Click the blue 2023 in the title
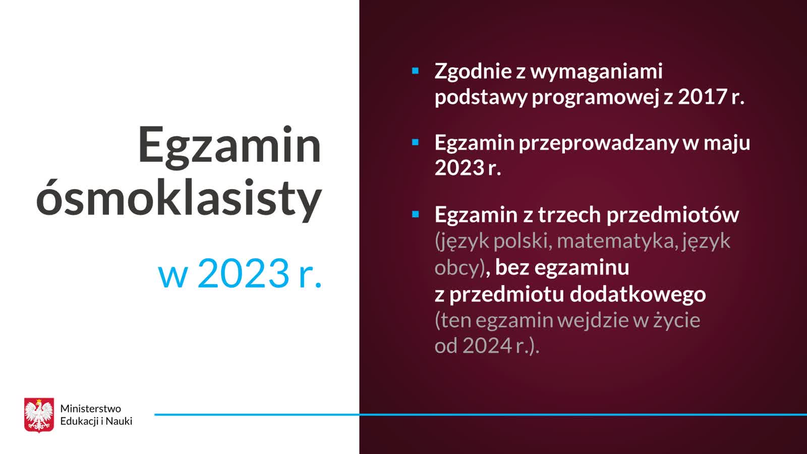[244, 273]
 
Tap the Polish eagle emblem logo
[39, 415]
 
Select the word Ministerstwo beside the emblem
[90, 409]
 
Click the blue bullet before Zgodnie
[415, 71]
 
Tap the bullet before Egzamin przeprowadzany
[415, 142]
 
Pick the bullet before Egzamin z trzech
[415, 214]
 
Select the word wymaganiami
[597, 72]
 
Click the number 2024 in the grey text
[487, 346]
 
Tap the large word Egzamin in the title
[229, 146]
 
